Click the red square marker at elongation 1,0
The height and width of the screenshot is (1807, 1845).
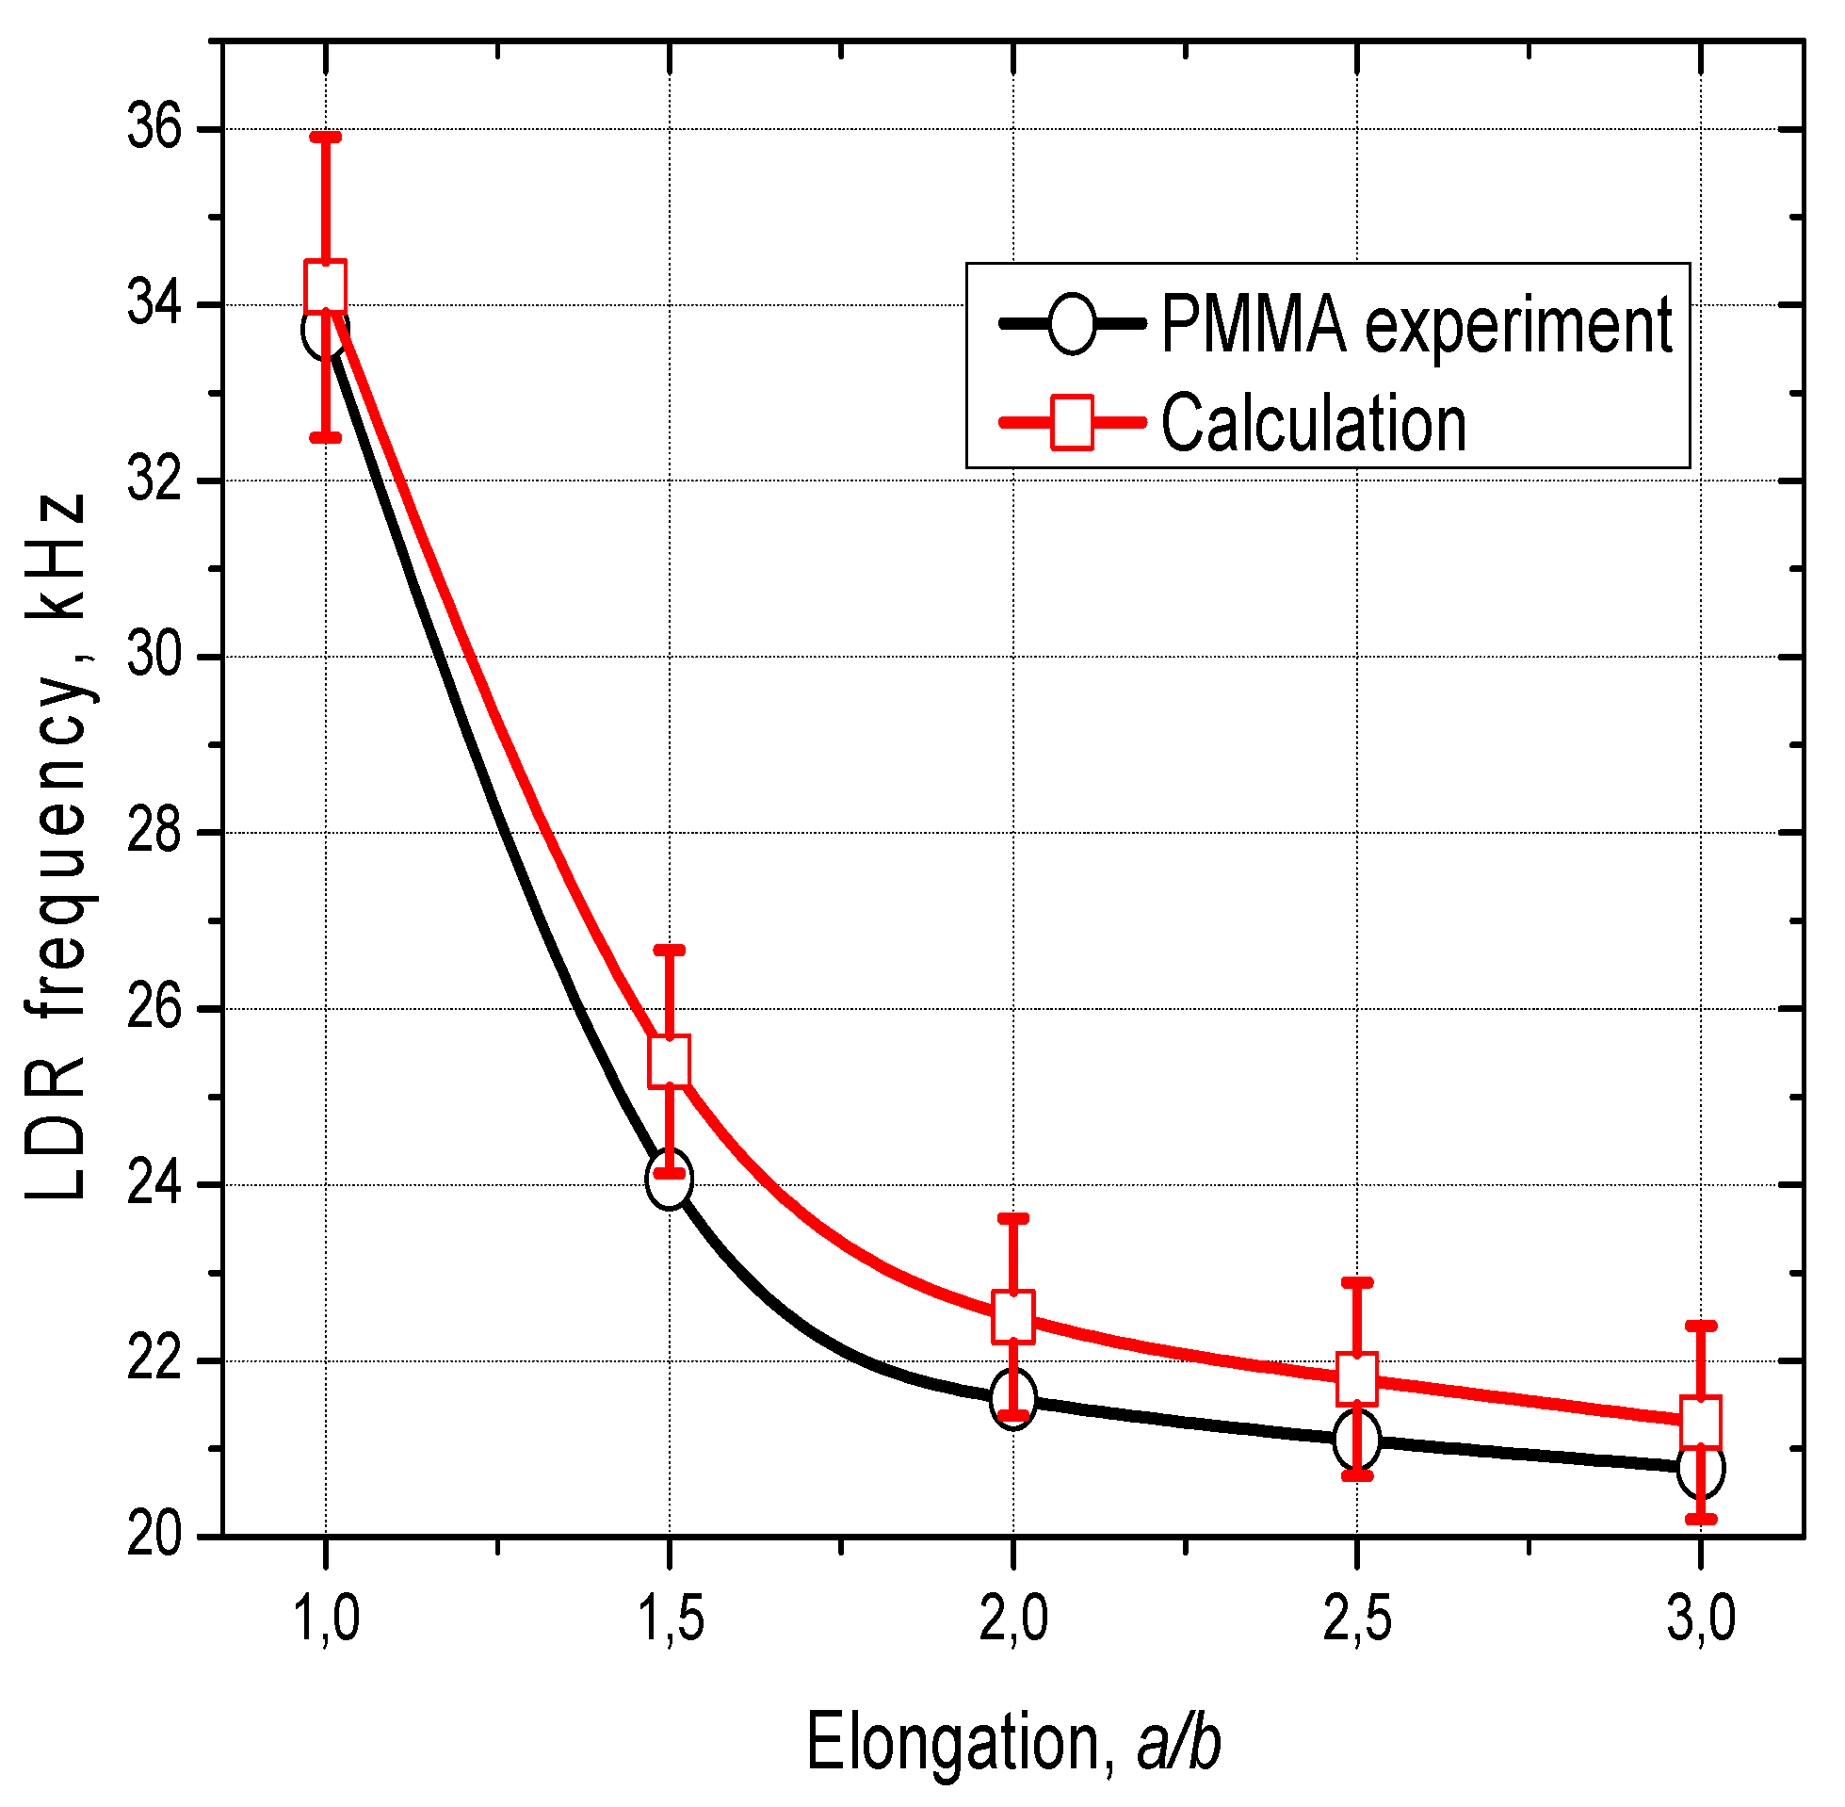coord(325,285)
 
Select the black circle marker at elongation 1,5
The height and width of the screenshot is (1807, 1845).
coord(670,1178)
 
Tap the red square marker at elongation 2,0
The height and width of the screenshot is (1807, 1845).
coord(1013,1316)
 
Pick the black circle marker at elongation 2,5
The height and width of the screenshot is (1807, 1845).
coord(1356,1439)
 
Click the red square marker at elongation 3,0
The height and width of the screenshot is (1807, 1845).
coord(1701,1422)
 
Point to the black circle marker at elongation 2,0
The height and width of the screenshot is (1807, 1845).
coord(1013,1397)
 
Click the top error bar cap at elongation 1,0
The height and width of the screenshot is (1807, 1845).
coord(325,138)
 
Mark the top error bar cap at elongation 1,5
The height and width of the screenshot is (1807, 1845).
coord(670,949)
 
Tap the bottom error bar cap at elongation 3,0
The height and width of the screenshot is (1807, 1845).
coord(1701,1520)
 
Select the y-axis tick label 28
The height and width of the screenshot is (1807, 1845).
coord(154,832)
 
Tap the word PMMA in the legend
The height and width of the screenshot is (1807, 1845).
coord(1254,325)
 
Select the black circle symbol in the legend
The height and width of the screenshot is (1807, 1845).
coord(1073,325)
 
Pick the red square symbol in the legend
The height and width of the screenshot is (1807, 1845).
coord(1073,422)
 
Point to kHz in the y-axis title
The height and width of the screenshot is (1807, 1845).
coord(57,554)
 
